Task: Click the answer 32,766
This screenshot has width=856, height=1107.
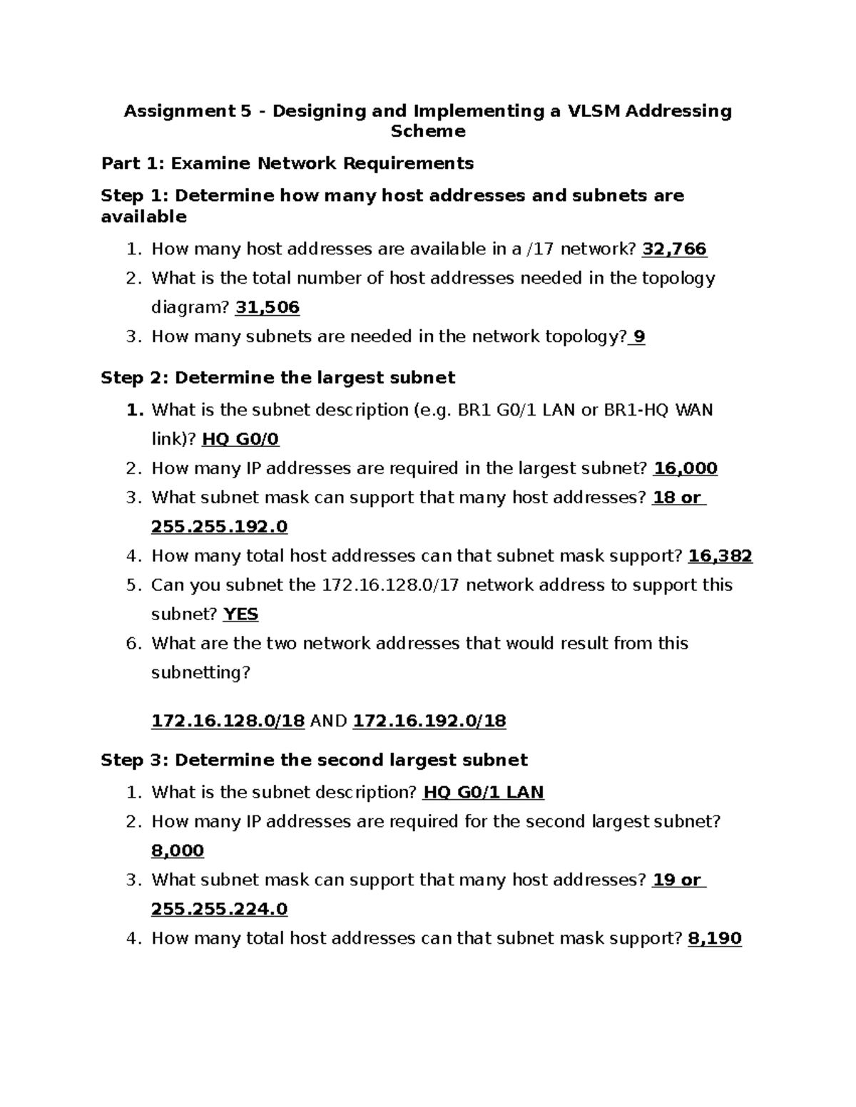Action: click(x=674, y=249)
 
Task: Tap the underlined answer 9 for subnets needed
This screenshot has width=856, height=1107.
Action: click(x=638, y=337)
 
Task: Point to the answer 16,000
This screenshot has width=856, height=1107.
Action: click(x=685, y=468)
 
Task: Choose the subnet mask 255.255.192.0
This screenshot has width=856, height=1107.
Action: click(x=219, y=527)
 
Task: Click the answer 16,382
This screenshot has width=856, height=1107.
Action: click(x=720, y=556)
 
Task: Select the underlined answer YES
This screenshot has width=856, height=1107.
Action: click(x=240, y=614)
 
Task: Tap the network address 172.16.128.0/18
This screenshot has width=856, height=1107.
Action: click(x=228, y=721)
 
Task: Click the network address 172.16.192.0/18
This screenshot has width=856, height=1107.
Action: click(x=429, y=721)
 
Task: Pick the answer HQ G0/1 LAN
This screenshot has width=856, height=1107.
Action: click(x=483, y=793)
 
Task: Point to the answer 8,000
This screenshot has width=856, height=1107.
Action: click(x=178, y=851)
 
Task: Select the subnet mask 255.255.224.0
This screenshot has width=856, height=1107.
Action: click(x=219, y=910)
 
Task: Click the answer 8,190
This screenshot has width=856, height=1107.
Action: click(x=715, y=939)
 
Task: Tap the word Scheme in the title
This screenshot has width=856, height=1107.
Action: click(x=428, y=131)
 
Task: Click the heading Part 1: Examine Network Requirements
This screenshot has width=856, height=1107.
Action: click(x=287, y=164)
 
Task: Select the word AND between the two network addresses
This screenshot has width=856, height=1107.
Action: click(x=329, y=721)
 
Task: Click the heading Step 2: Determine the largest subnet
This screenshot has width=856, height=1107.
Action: click(x=277, y=378)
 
